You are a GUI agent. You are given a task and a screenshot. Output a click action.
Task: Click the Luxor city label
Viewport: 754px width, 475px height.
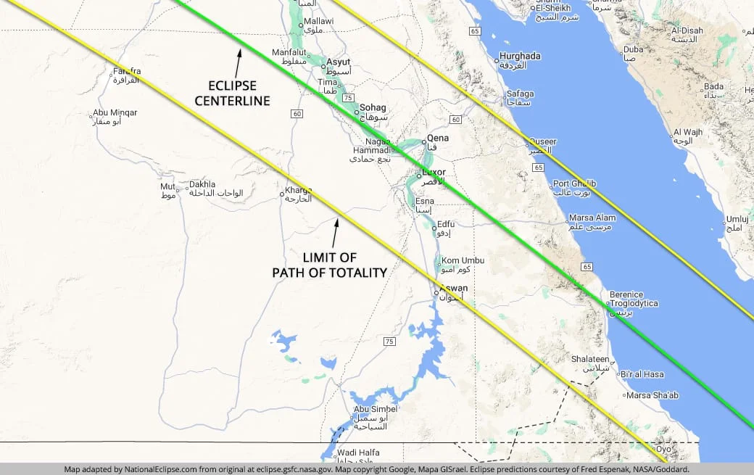[434, 173]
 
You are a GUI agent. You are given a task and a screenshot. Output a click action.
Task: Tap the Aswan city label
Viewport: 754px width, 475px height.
[454, 289]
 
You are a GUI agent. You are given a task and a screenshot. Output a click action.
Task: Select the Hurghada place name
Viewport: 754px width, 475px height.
[521, 56]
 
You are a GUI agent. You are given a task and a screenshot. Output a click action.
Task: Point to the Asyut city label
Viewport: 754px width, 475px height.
[338, 62]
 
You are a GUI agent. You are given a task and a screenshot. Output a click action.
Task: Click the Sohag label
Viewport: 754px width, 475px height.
[373, 108]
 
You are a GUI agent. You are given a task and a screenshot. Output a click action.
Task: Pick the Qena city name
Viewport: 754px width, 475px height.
[438, 138]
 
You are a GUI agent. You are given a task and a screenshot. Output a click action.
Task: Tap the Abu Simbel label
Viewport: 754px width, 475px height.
[375, 410]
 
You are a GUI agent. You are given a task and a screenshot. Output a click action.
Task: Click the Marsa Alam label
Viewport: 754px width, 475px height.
[592, 218]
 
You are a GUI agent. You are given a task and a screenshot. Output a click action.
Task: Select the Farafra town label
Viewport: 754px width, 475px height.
[126, 72]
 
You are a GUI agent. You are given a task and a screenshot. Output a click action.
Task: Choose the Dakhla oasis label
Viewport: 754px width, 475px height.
[202, 185]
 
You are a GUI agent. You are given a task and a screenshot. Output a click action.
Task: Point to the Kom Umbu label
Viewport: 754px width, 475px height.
[463, 260]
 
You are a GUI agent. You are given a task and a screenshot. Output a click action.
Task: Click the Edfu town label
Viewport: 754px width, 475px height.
[446, 224]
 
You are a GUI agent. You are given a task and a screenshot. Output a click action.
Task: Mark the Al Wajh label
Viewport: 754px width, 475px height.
[688, 132]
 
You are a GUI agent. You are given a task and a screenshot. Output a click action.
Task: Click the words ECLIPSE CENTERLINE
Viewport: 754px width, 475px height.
[232, 93]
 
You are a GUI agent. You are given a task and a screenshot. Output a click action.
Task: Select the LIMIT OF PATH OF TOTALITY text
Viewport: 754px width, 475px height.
[329, 265]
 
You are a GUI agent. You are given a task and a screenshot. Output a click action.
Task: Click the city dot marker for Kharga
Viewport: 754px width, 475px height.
[283, 194]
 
